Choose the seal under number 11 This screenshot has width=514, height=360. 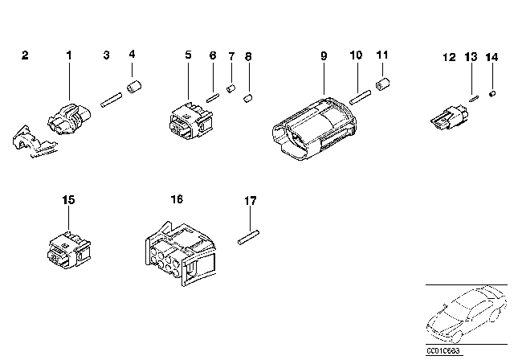coord(384,84)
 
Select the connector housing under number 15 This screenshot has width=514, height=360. coord(69,244)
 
